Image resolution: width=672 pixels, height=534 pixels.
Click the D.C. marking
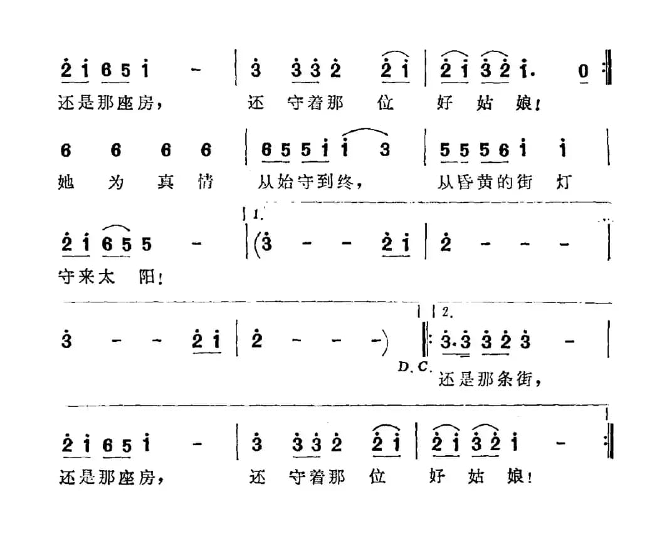tap(414, 367)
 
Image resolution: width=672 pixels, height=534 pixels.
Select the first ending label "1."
tap(258, 215)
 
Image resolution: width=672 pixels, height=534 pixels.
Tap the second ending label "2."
tap(447, 312)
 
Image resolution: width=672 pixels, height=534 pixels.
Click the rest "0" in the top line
tap(583, 71)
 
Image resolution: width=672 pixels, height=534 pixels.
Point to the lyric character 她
tap(66, 182)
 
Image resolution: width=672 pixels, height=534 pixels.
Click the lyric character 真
tap(165, 182)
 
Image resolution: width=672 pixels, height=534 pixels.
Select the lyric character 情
tap(205, 182)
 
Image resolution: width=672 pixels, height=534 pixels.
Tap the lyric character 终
tap(346, 182)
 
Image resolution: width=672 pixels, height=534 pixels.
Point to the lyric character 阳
tap(147, 277)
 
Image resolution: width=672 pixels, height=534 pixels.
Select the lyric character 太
tap(107, 277)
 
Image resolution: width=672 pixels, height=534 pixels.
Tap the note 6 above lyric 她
tap(66, 150)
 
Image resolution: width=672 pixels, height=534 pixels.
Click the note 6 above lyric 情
tap(206, 150)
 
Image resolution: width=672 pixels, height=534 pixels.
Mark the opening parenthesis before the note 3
tap(257, 244)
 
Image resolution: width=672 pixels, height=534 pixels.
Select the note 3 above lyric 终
tap(385, 150)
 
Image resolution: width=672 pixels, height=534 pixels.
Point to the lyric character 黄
tap(485, 183)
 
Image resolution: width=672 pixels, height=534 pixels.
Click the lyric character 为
tap(115, 182)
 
